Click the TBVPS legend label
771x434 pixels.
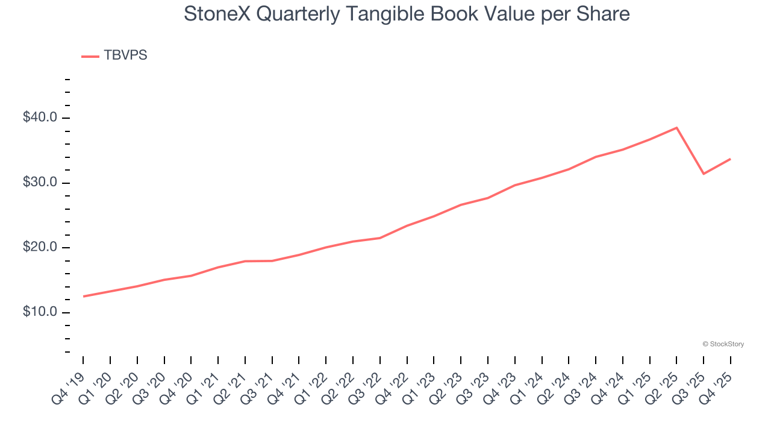(125, 55)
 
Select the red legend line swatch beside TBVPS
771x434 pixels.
(90, 57)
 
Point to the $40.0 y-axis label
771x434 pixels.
(40, 118)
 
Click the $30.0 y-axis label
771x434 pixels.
(40, 183)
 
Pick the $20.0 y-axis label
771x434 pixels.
(40, 248)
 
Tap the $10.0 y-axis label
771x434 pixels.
(40, 312)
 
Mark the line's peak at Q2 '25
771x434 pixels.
(676, 128)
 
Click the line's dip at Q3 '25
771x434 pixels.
(704, 174)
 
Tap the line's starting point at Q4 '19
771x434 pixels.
(83, 297)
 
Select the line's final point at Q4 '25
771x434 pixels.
(731, 159)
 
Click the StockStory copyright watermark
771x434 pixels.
(723, 344)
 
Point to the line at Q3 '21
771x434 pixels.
(272, 261)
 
